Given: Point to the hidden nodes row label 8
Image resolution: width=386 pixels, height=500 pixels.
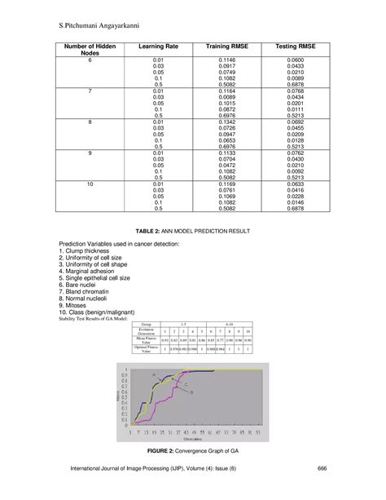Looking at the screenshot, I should pyautogui.click(x=90, y=121).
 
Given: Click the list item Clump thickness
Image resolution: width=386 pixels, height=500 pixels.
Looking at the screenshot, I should pyautogui.click(x=90, y=252).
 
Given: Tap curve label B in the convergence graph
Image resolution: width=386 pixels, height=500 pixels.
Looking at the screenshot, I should pyautogui.click(x=191, y=392).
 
